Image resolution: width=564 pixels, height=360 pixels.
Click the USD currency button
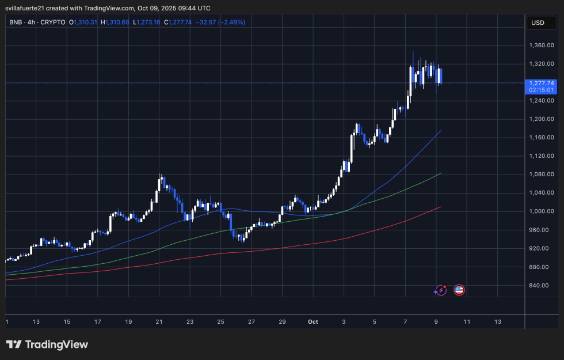click(538, 22)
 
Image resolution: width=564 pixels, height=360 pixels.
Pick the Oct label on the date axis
click(313, 321)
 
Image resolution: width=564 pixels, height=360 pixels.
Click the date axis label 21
click(159, 321)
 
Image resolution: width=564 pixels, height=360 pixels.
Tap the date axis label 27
click(251, 321)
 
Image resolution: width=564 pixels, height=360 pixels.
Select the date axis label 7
click(405, 321)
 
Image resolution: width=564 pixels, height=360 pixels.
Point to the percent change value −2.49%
click(230, 22)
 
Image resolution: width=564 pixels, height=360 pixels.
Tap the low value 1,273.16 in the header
click(147, 22)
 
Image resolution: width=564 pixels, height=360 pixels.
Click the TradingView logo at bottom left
click(47, 344)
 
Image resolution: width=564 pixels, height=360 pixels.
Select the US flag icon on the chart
click(459, 290)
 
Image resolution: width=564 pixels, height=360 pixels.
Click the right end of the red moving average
click(441, 207)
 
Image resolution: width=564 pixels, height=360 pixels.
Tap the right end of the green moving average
click(441, 173)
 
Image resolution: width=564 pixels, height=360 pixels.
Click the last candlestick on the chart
click(440, 76)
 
